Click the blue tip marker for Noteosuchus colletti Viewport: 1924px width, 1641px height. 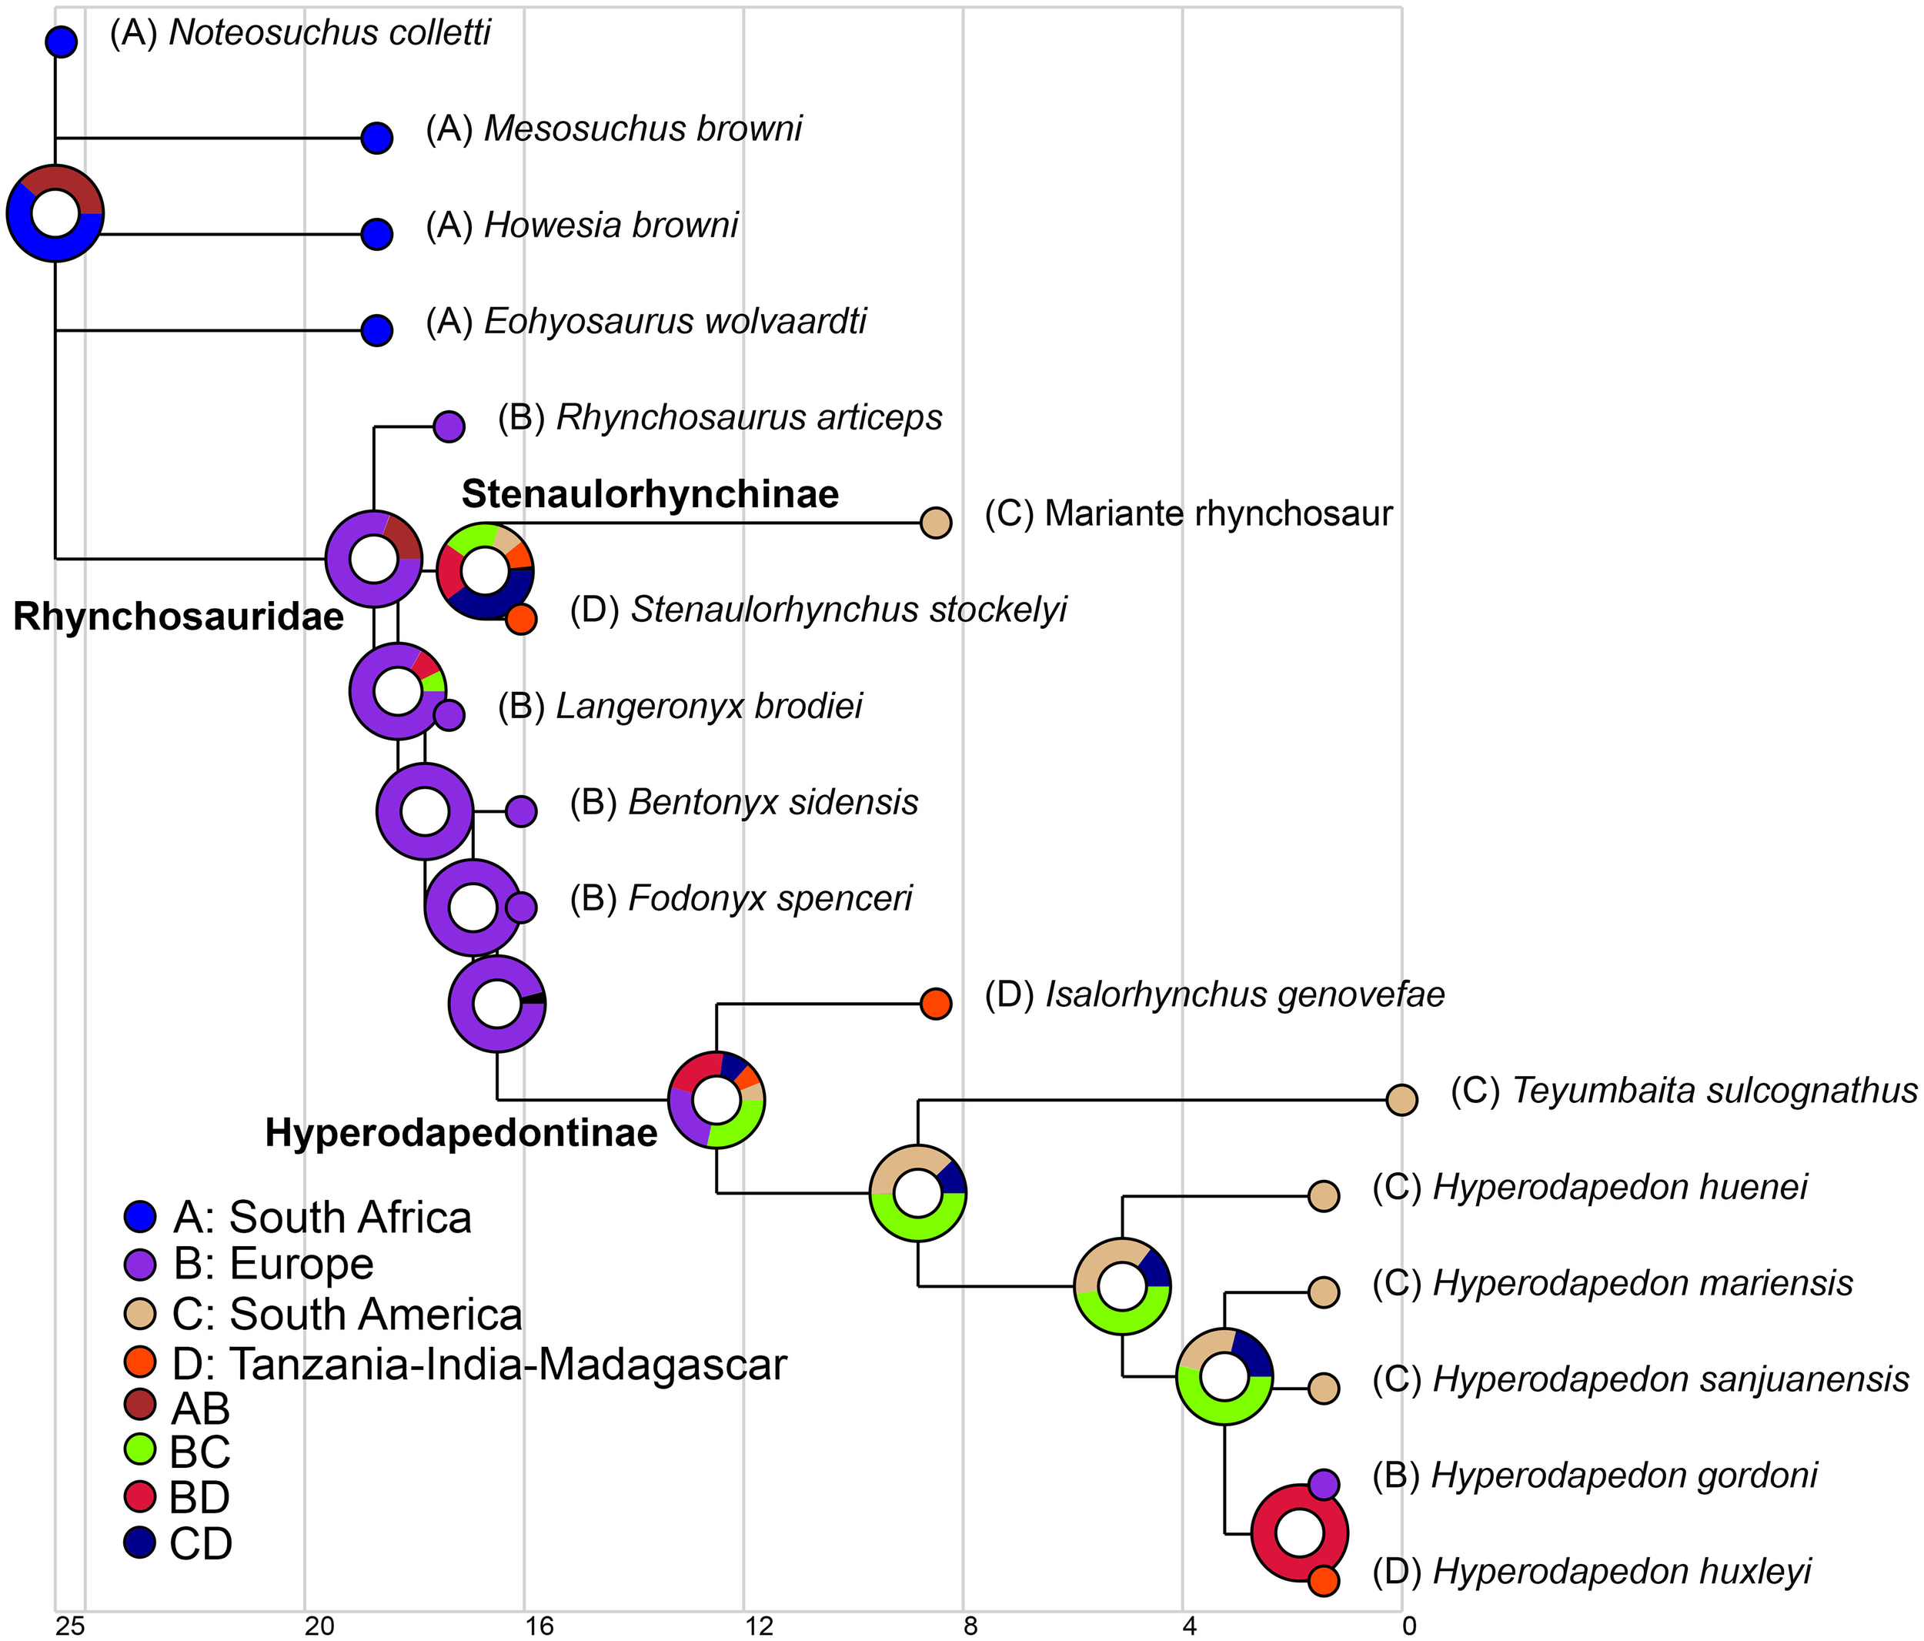pyautogui.click(x=62, y=42)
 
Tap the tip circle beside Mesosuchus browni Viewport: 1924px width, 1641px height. pyautogui.click(x=377, y=139)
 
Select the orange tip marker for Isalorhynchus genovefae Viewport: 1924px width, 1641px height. pyautogui.click(x=936, y=1004)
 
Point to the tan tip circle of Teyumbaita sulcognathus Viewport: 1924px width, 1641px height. pyautogui.click(x=1401, y=1100)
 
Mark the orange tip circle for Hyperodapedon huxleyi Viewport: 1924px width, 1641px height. pyautogui.click(x=1324, y=1581)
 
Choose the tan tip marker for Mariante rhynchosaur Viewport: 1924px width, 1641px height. pyautogui.click(x=936, y=523)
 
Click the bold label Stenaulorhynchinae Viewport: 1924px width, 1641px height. pyautogui.click(x=650, y=494)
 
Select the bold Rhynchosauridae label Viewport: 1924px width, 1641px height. pyautogui.click(x=179, y=617)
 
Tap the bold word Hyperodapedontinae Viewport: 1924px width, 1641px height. pyautogui.click(x=462, y=1133)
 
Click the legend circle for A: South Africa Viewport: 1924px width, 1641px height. pyautogui.click(x=139, y=1215)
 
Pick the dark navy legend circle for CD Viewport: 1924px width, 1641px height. pyautogui.click(x=139, y=1542)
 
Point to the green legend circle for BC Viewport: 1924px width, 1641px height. pyautogui.click(x=139, y=1449)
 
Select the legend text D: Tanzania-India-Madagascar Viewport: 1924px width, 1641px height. pyautogui.click(x=479, y=1364)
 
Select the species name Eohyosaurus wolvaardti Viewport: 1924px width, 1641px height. pyautogui.click(x=675, y=323)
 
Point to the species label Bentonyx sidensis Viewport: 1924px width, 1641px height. pyautogui.click(x=773, y=802)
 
